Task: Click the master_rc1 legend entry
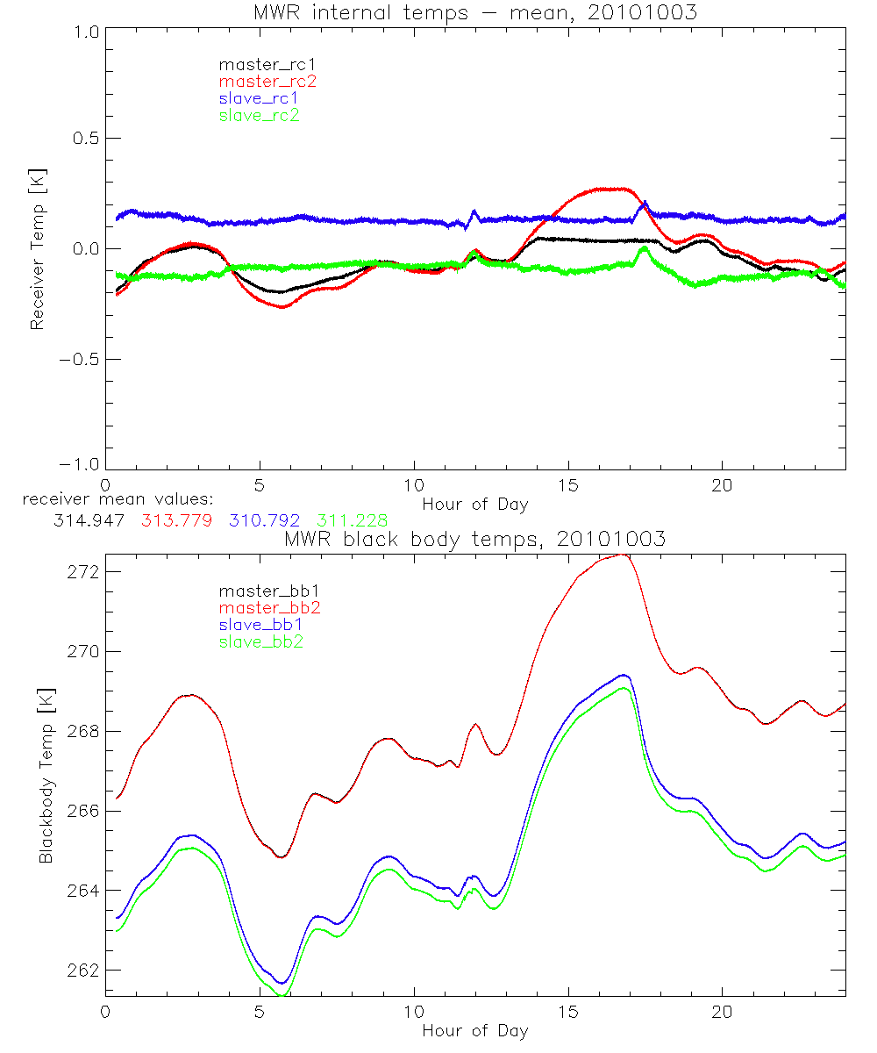pos(259,65)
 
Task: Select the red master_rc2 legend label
pos(267,82)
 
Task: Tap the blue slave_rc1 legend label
pos(259,98)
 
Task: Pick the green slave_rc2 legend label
pos(259,115)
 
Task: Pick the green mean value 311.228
pos(352,520)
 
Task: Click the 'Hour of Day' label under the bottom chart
pos(474,1030)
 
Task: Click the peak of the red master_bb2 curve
pos(621,555)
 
